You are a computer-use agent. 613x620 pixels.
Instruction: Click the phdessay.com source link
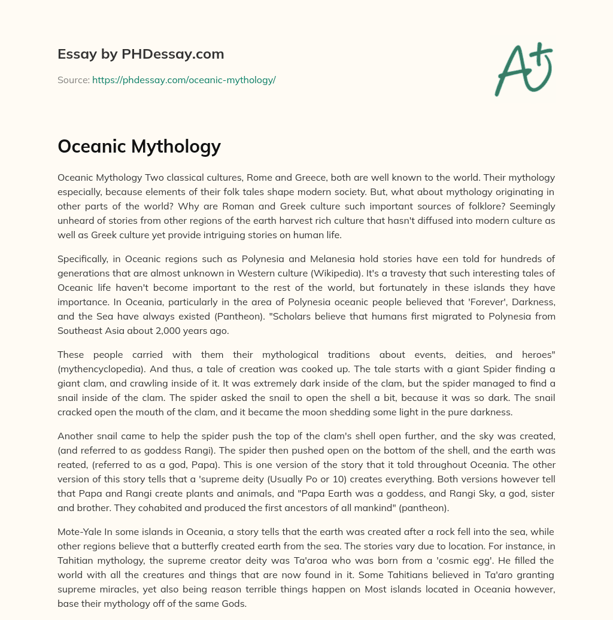coord(184,80)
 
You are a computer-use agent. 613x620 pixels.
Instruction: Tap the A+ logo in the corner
coord(523,69)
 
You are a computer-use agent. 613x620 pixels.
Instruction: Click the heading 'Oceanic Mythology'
coord(139,146)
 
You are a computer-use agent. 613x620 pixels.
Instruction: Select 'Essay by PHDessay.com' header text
coord(141,54)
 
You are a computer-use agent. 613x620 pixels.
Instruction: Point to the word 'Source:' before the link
coord(73,80)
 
